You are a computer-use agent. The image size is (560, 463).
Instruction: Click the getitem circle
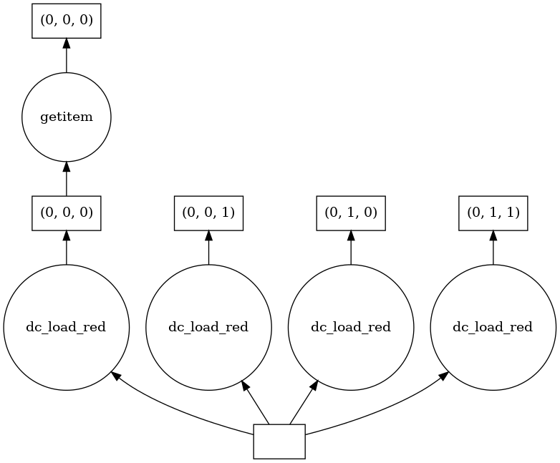pos(67,117)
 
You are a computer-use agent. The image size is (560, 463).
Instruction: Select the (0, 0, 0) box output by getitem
pos(67,21)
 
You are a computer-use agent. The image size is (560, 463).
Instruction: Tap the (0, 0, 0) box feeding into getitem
pos(67,213)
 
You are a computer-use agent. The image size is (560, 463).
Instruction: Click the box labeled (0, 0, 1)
pos(208,213)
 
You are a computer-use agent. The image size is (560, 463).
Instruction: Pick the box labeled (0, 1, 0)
pos(351,213)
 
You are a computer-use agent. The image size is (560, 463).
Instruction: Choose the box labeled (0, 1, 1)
pos(493,213)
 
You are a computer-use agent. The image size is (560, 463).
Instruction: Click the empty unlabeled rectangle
pos(279,441)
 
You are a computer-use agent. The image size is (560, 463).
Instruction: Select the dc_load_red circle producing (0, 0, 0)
pos(67,327)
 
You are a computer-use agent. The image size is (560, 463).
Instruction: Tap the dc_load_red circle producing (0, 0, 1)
pos(208,327)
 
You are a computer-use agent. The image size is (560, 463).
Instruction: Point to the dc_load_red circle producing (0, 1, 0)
pos(351,327)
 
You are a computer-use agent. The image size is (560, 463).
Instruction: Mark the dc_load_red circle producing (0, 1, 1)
pos(493,327)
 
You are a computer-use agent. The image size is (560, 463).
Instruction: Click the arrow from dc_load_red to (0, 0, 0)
pos(67,247)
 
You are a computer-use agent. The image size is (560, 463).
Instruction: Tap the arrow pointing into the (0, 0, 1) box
pos(208,247)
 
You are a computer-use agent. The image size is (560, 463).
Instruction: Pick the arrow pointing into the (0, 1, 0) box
pos(351,247)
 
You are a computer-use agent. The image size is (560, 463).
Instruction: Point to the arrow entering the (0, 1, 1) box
pos(493,247)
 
